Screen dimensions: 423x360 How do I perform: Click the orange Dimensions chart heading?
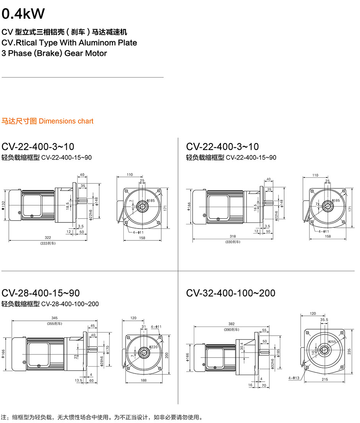tap(66, 121)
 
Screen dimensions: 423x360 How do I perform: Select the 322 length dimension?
tap(48, 238)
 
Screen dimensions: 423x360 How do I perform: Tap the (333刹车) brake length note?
tap(48, 243)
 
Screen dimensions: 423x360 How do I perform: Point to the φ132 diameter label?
tap(3, 206)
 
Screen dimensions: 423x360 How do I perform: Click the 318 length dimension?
tap(232, 237)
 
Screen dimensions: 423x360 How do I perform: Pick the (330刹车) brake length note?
tap(232, 242)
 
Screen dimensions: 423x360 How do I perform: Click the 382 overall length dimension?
tap(232, 323)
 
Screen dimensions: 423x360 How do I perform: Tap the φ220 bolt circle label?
tap(154, 347)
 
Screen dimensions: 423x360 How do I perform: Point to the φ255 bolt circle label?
tap(332, 341)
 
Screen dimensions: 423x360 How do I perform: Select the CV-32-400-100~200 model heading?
tap(231, 293)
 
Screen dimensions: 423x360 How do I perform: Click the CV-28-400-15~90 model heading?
tap(41, 293)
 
